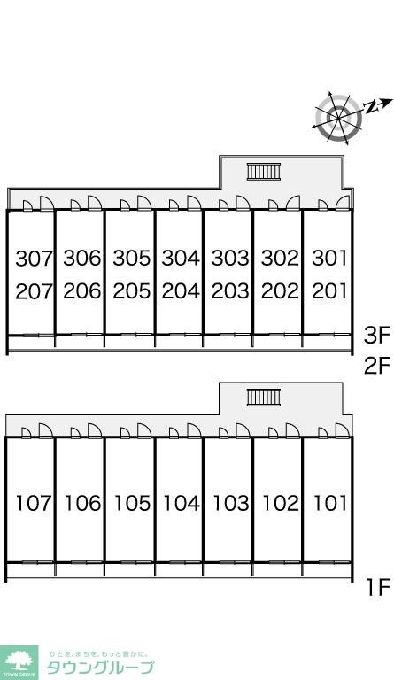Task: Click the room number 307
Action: [34, 259]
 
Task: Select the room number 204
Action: [181, 291]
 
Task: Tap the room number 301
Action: [330, 258]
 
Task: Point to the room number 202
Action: [280, 291]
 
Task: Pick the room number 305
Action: [132, 258]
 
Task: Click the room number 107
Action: [34, 503]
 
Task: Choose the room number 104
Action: [182, 503]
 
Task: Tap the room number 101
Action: [330, 503]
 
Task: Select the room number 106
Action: [82, 503]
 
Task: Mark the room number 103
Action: [231, 503]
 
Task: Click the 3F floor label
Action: [377, 336]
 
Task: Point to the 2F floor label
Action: [377, 365]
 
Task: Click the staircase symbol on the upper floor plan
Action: [264, 171]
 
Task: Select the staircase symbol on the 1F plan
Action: [264, 398]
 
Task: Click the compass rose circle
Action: [338, 118]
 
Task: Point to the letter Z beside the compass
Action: [370, 106]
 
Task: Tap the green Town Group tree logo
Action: [19, 662]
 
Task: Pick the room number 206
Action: [82, 291]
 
